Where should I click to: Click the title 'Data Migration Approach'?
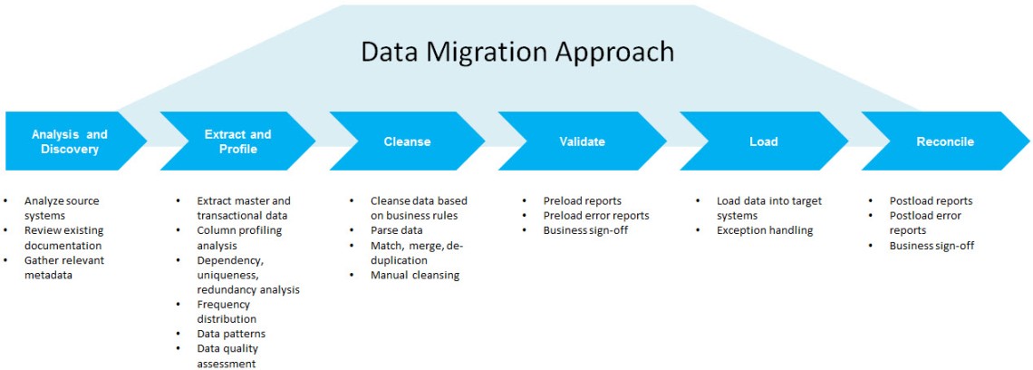click(516, 51)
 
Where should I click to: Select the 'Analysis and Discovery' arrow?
click(70, 141)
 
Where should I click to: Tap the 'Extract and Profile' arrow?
click(237, 141)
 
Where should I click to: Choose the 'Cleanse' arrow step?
click(407, 141)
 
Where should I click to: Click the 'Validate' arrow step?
click(582, 141)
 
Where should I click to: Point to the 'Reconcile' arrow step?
click(944, 141)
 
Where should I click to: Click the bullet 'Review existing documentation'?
click(63, 238)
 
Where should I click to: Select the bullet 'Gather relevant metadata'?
click(63, 268)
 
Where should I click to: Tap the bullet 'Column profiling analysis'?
click(239, 238)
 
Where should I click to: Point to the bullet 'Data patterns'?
click(231, 334)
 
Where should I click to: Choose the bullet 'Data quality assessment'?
click(227, 355)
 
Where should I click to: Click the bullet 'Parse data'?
click(396, 230)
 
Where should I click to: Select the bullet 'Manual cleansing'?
click(414, 275)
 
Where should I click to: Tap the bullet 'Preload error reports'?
click(595, 216)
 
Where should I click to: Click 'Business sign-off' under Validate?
click(584, 230)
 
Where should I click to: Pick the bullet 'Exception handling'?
click(764, 230)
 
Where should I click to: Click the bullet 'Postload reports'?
click(931, 200)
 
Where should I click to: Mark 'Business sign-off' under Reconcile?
click(931, 246)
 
